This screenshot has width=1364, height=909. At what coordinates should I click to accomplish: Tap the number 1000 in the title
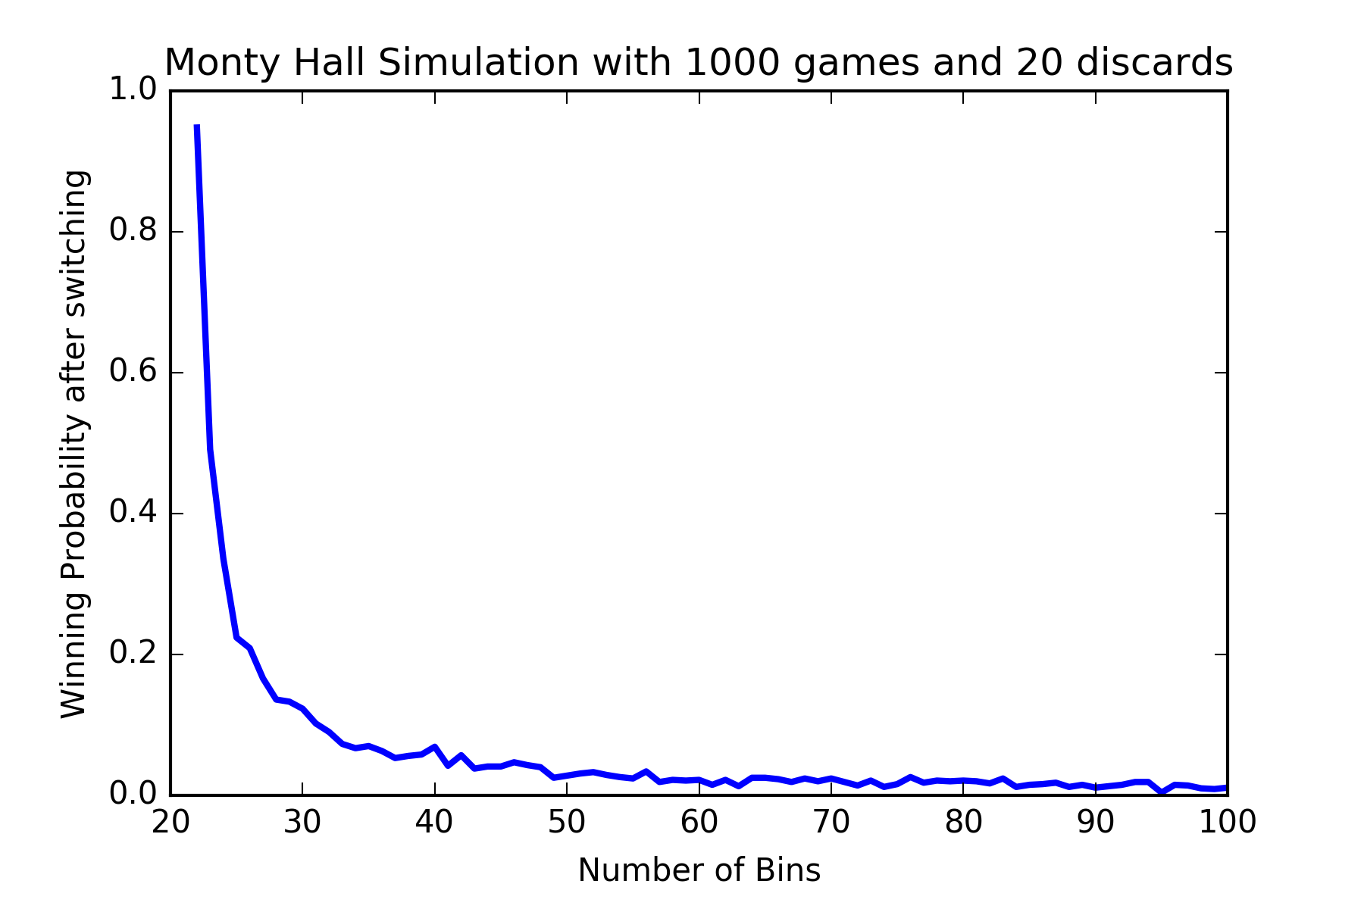coord(731,63)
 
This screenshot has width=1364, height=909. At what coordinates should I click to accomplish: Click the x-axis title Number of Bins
coord(699,870)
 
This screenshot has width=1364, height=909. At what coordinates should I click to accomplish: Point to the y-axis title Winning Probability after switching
coord(74,443)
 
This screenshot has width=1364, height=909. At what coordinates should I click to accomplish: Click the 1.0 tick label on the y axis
coord(132,91)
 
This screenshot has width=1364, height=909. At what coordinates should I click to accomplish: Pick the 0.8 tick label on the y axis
coord(132,232)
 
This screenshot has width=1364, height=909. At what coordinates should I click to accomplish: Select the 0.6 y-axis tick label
coord(132,373)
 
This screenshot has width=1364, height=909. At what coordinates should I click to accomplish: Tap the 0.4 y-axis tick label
coord(132,514)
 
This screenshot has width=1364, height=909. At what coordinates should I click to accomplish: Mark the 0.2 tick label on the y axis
coord(132,654)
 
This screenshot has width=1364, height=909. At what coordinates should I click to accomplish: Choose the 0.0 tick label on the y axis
coord(132,795)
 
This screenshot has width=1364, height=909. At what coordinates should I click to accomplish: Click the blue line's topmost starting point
coord(197,127)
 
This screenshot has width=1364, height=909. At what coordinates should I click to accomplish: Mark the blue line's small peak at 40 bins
coord(434,747)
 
